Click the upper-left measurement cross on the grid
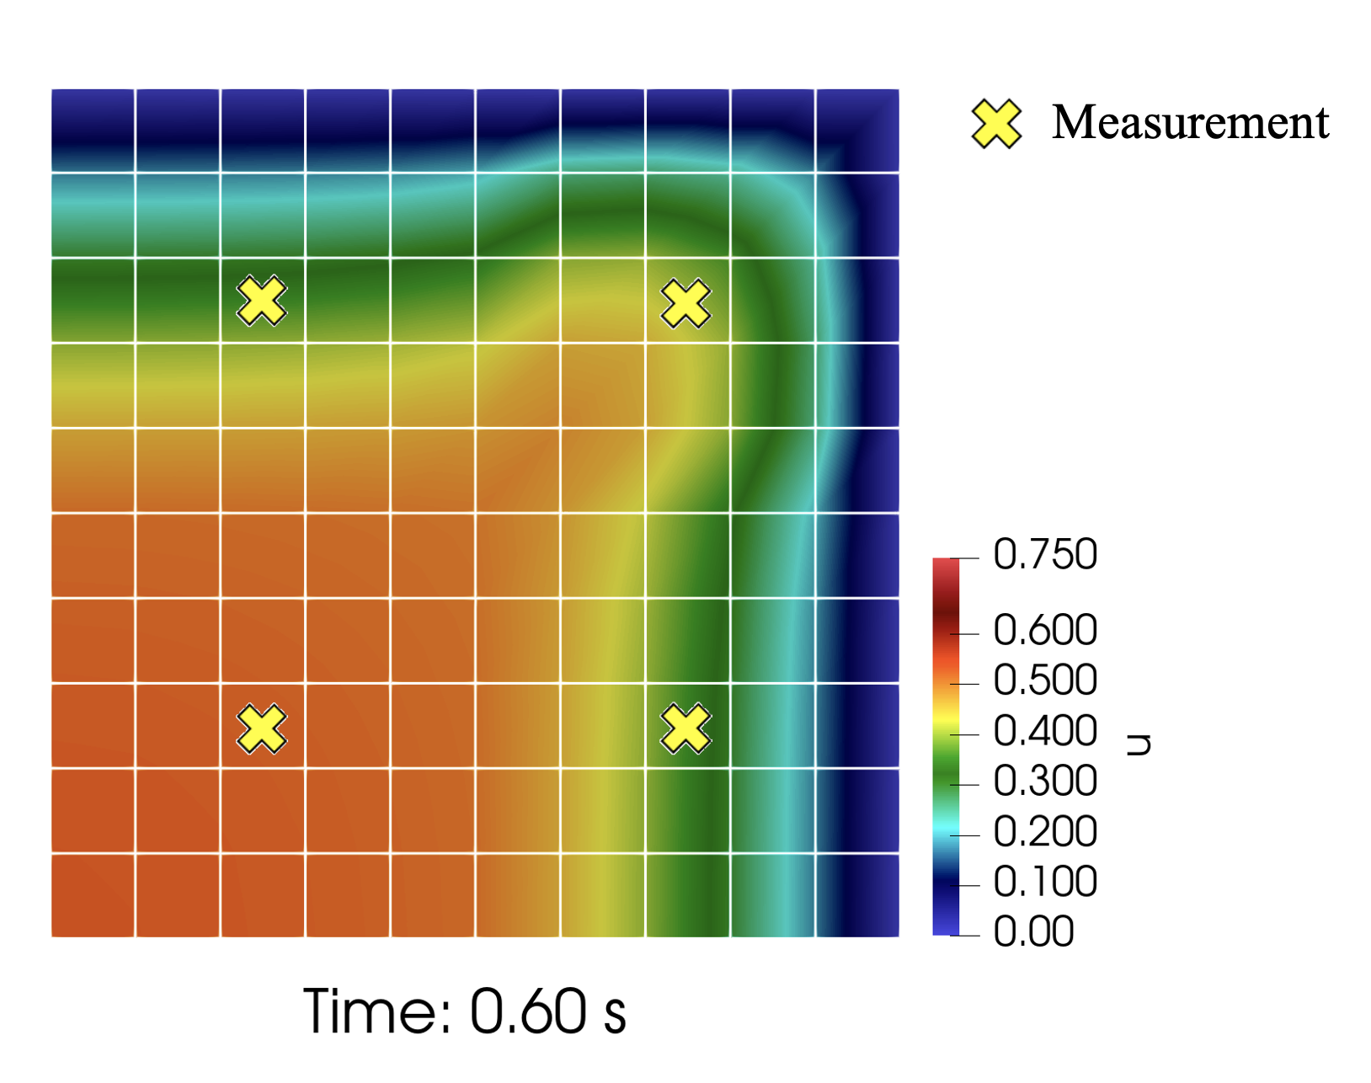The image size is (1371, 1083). [x=262, y=301]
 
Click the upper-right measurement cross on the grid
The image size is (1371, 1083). [x=685, y=303]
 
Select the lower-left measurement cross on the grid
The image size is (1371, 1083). [x=262, y=728]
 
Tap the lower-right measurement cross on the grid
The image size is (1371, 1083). [x=685, y=728]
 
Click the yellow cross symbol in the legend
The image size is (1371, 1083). [x=996, y=124]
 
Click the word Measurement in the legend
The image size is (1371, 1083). [x=1190, y=123]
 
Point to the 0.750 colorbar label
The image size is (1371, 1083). [x=1045, y=555]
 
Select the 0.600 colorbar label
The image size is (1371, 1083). [x=1045, y=631]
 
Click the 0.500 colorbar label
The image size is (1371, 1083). [x=1045, y=680]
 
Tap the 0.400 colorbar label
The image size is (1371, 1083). [x=1045, y=731]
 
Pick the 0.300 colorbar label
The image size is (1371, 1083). [x=1045, y=782]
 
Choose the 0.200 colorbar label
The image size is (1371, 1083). [x=1045, y=832]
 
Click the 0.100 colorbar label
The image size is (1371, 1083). [x=1045, y=882]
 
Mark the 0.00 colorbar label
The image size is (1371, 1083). [x=1033, y=932]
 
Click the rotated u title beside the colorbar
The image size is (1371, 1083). [x=1139, y=744]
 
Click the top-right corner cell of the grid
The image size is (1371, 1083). [x=857, y=131]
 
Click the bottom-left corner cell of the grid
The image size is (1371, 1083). [x=93, y=895]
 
